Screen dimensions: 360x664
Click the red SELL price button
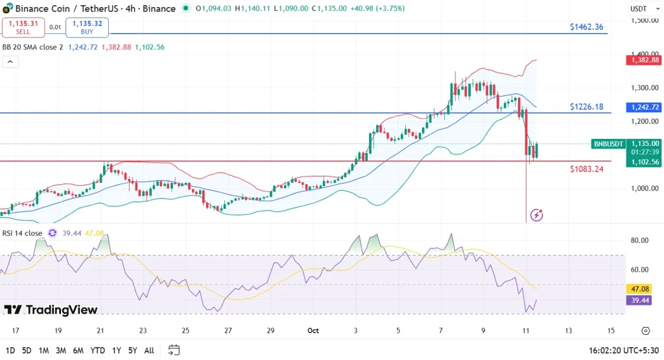23,27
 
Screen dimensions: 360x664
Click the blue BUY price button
87,27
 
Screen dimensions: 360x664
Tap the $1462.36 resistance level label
586,27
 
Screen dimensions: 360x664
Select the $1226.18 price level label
586,106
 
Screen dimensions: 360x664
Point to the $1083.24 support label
586,169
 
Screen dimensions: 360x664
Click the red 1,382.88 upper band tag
643,60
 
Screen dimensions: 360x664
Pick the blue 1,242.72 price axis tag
643,107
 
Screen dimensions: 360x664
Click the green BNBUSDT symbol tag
608,144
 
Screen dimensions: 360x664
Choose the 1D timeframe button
9,350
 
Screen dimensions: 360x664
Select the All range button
148,350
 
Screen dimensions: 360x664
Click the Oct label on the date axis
314,331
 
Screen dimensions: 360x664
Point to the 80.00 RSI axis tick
640,241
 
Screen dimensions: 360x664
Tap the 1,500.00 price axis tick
645,20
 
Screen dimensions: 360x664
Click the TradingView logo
51,310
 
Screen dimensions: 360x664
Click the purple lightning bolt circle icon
536,215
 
